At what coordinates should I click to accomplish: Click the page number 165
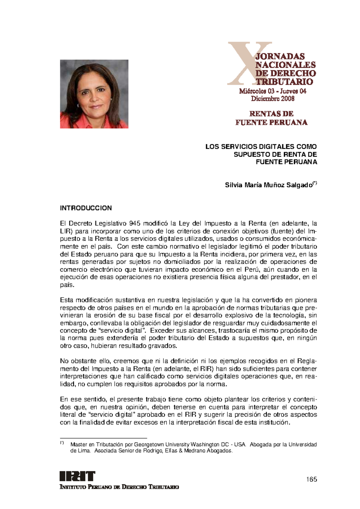312,479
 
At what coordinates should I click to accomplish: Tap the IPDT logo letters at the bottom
77,476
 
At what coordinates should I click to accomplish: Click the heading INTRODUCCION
86,208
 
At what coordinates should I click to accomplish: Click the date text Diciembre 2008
273,99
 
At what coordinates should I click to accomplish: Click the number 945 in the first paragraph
134,223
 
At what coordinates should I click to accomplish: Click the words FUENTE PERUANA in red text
271,122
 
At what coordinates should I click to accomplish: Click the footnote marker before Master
62,443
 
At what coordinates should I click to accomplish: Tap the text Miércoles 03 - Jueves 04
273,91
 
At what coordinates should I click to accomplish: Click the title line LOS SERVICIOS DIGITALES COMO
261,147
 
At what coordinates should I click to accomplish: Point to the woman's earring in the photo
78,106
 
